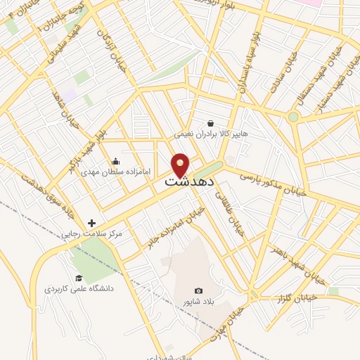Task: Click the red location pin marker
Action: [x=180, y=165]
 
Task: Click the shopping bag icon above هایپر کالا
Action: [x=210, y=123]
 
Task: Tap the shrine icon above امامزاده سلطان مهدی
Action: [x=115, y=162]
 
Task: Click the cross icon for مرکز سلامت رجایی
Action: [x=91, y=223]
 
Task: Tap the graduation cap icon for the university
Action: [x=79, y=278]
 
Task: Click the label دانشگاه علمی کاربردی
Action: [x=79, y=288]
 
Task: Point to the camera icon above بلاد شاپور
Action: [x=198, y=291]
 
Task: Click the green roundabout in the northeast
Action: [x=292, y=117]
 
